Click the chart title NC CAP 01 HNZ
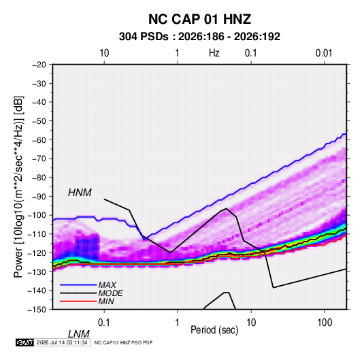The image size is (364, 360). [199, 19]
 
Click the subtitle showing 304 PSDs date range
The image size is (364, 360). [199, 37]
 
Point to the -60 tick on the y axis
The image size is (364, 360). [39, 140]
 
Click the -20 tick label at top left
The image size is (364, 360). [39, 65]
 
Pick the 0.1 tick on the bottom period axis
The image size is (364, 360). [104, 323]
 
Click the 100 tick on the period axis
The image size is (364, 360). [325, 323]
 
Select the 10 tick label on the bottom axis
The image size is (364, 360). [251, 323]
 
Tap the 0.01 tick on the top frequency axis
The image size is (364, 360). [324, 53]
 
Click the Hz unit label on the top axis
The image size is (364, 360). [214, 53]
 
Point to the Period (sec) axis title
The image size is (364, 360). [214, 330]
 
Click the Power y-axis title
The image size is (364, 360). [18, 187]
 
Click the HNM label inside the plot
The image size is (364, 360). [80, 193]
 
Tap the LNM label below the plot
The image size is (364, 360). [78, 334]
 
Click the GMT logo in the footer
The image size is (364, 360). [25, 342]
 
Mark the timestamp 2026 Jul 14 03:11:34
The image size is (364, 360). [62, 342]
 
